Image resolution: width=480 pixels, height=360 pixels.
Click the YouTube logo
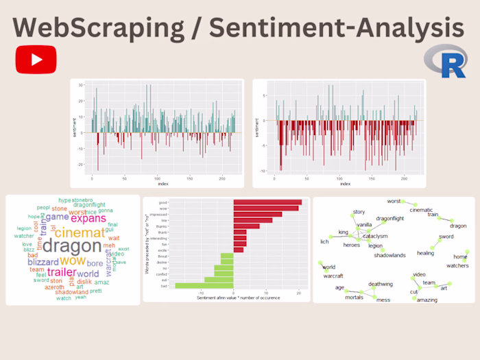click(x=35, y=59)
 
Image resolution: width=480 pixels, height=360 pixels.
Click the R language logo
click(x=444, y=62)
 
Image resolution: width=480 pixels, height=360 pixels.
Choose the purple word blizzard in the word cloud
click(x=43, y=262)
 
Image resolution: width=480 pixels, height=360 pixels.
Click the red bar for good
click(x=267, y=202)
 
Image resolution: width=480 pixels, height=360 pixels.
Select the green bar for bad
click(x=204, y=285)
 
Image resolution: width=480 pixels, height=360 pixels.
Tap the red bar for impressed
click(x=257, y=214)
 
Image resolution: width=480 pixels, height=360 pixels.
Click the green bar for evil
click(x=219, y=279)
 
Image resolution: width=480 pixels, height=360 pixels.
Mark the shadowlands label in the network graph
click(x=390, y=256)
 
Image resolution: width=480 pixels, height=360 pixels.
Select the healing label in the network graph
click(x=425, y=253)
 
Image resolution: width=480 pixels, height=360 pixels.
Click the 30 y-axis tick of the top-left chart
click(x=81, y=85)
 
